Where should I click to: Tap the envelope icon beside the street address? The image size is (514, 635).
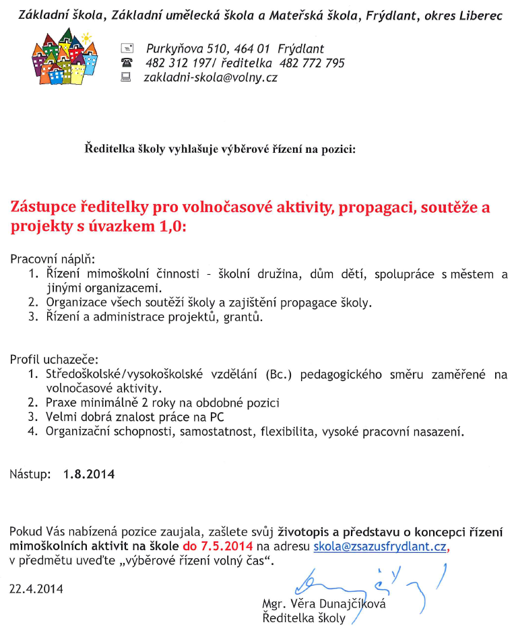pos(127,48)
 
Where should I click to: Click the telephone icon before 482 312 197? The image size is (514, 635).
pos(127,63)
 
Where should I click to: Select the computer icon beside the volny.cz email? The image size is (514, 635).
pos(126,77)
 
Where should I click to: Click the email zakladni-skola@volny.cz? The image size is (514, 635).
pos(210,77)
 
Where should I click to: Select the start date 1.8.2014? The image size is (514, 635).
pos(89,474)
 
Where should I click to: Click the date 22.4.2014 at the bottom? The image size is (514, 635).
pos(36,589)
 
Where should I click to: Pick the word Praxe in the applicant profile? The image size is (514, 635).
pos(61,403)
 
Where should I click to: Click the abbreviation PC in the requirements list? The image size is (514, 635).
pos(217,417)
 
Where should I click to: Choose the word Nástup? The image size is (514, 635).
pos(30,474)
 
